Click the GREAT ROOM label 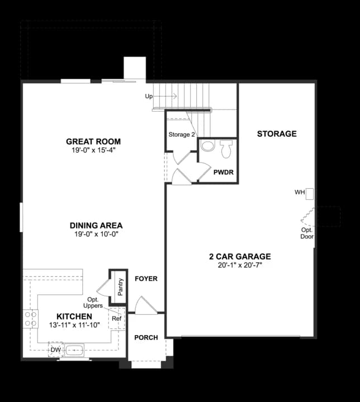(x=93, y=141)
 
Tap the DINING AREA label (x=93, y=226)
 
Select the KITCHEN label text (x=74, y=316)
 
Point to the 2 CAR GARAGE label (x=240, y=257)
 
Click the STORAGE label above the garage (x=277, y=134)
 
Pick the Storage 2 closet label (x=182, y=135)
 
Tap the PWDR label (x=223, y=172)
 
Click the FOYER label (x=146, y=279)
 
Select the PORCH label (x=146, y=337)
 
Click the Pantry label (x=120, y=288)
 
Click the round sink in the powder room (x=207, y=146)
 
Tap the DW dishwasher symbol (x=55, y=350)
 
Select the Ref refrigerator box (x=116, y=318)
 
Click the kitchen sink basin (x=74, y=351)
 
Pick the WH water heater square (x=309, y=193)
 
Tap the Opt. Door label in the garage (x=307, y=233)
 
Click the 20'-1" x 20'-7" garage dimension (x=240, y=266)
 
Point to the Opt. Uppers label (x=92, y=303)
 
